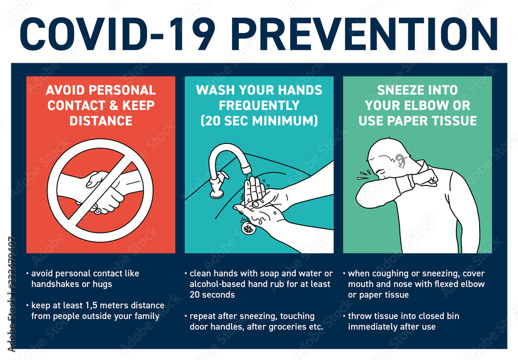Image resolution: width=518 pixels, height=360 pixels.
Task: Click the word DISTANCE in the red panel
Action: pos(100,120)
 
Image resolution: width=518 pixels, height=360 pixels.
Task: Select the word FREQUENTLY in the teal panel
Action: pos(259,105)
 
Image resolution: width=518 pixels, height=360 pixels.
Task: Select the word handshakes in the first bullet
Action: pos(53,284)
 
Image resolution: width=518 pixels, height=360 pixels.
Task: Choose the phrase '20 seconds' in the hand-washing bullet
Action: pos(210,295)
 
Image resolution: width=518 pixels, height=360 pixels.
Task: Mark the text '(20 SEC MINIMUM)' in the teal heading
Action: pos(259,120)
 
